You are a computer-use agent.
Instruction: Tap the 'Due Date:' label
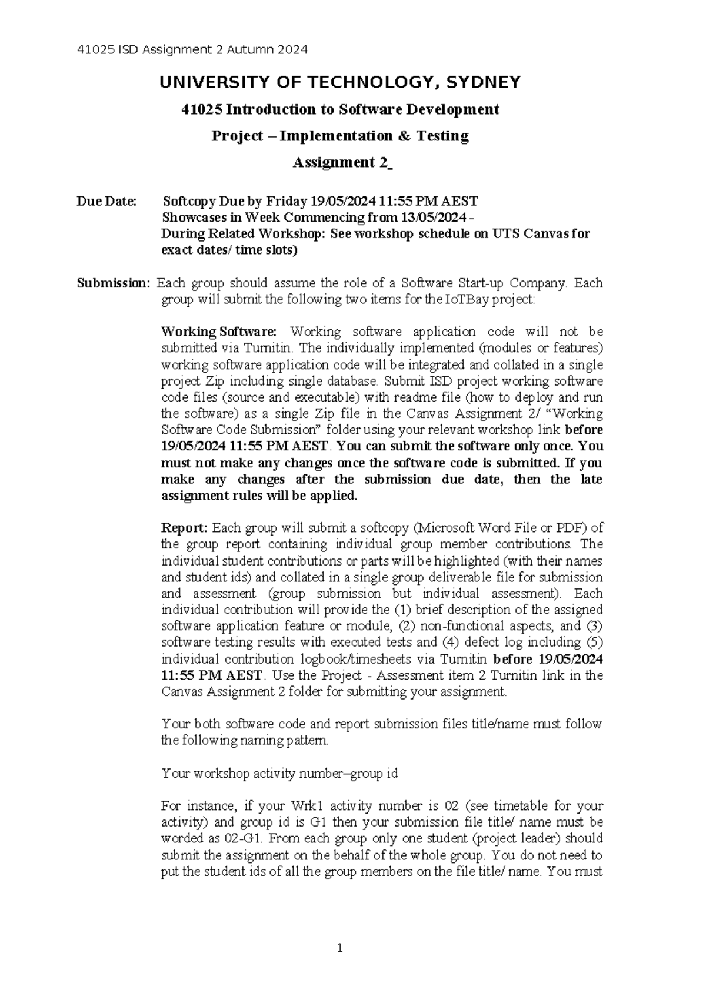106,202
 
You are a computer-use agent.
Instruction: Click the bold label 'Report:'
185,528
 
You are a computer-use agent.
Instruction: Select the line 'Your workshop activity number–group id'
279,774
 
